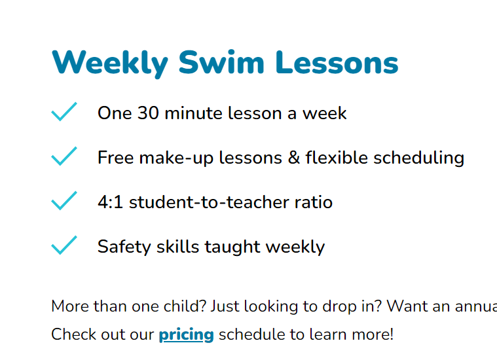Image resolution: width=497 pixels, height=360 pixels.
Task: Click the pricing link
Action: click(x=186, y=335)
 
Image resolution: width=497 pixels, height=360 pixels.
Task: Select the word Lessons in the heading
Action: click(x=337, y=63)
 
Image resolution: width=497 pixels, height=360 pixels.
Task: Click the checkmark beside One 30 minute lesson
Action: click(x=64, y=113)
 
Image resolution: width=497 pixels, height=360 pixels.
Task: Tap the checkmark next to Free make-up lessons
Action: click(x=64, y=157)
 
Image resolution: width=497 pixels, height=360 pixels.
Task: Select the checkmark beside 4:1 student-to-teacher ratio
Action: click(x=64, y=202)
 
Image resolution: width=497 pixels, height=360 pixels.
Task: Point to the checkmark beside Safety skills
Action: click(x=64, y=246)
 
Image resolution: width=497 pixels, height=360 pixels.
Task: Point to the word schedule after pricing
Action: click(x=251, y=335)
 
